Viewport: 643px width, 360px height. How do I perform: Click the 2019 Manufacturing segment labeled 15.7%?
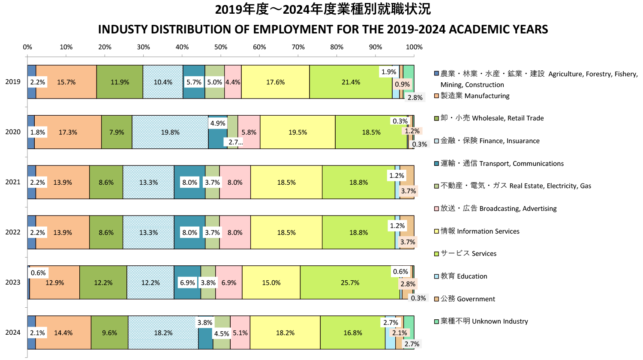click(x=66, y=82)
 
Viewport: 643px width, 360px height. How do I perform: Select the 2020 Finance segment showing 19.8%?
click(x=170, y=132)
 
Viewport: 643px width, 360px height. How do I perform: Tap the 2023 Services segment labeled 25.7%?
click(x=350, y=283)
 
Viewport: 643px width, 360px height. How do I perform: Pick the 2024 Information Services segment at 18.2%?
click(x=285, y=333)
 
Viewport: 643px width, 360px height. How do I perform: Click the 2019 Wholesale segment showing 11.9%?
click(x=120, y=82)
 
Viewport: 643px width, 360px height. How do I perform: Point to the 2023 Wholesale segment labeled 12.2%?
click(x=103, y=283)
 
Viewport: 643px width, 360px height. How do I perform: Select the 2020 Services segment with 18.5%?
click(x=371, y=132)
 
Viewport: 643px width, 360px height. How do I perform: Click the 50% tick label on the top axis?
click(x=221, y=47)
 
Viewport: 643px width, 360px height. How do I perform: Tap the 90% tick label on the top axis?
click(x=376, y=47)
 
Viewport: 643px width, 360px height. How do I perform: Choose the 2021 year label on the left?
click(x=13, y=182)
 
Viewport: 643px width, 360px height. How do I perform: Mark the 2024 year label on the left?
click(x=13, y=333)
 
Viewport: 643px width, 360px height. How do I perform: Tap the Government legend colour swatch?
click(x=436, y=299)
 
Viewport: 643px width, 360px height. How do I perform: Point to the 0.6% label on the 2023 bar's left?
click(x=38, y=273)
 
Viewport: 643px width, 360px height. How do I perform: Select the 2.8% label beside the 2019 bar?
click(x=415, y=98)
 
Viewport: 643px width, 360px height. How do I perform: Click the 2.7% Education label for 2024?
click(x=391, y=323)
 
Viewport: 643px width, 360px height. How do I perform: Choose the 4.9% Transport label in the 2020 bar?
click(x=218, y=123)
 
